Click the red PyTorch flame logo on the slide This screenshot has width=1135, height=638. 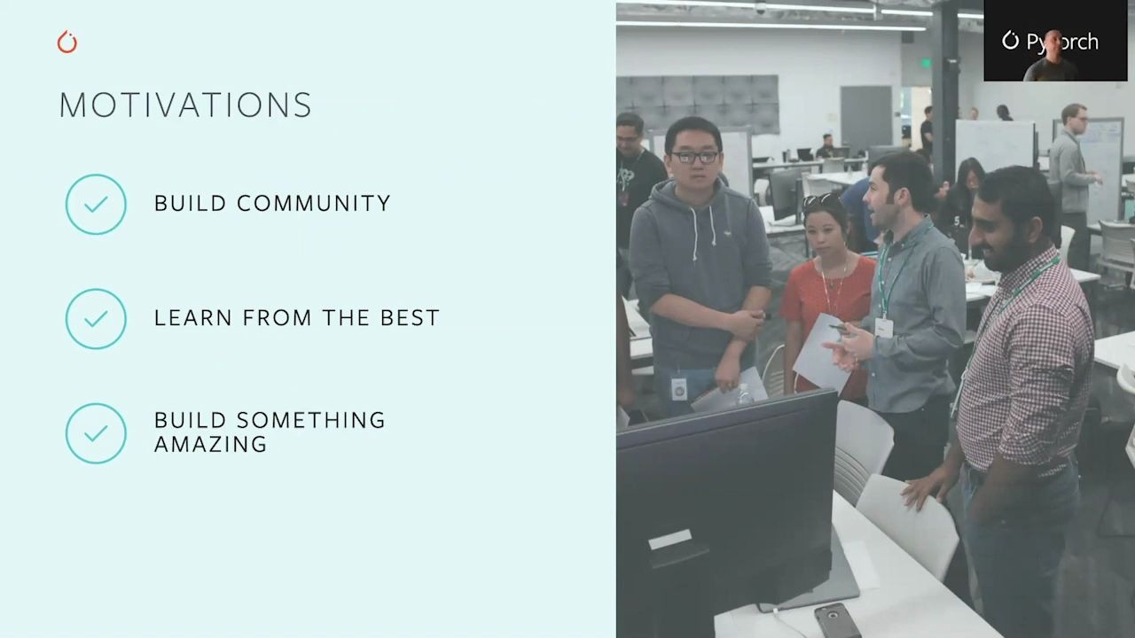click(67, 43)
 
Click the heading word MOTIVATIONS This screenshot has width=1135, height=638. click(185, 105)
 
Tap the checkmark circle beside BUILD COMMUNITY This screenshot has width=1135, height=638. click(96, 204)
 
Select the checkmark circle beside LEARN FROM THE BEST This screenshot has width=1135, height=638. click(96, 318)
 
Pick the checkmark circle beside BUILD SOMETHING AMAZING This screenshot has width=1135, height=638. click(96, 433)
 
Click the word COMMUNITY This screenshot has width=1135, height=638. click(314, 203)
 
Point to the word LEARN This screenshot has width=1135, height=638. click(193, 317)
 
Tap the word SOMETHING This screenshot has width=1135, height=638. click(311, 420)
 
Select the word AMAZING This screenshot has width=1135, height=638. click(210, 444)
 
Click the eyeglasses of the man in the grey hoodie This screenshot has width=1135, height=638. click(694, 157)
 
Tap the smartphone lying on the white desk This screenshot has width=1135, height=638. click(837, 621)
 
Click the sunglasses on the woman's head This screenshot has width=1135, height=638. click(821, 200)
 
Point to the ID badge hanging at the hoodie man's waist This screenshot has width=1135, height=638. click(679, 388)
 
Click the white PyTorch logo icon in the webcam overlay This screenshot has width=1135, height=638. click(1010, 41)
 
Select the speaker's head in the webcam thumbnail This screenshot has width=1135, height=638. click(1052, 44)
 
